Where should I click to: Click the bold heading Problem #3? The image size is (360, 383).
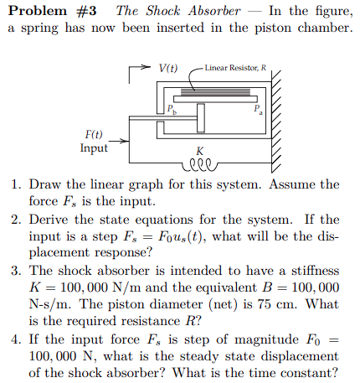coord(53,11)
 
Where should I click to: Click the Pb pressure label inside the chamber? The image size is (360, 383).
coord(172,109)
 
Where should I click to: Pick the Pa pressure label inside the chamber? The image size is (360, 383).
coord(259,109)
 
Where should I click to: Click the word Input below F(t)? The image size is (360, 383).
coord(94,148)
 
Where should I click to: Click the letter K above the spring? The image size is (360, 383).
coord(200,152)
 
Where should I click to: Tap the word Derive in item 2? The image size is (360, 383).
coord(49,220)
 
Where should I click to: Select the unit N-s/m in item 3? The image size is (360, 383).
coord(49,306)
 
